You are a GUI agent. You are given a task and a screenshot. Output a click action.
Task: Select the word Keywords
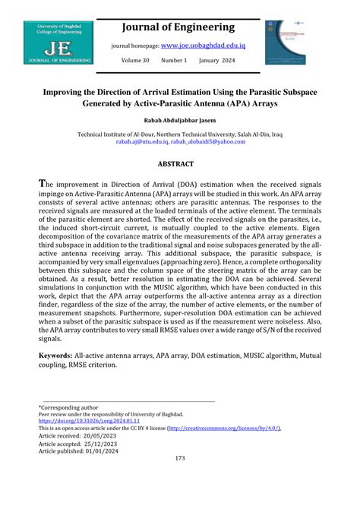(x=55, y=355)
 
